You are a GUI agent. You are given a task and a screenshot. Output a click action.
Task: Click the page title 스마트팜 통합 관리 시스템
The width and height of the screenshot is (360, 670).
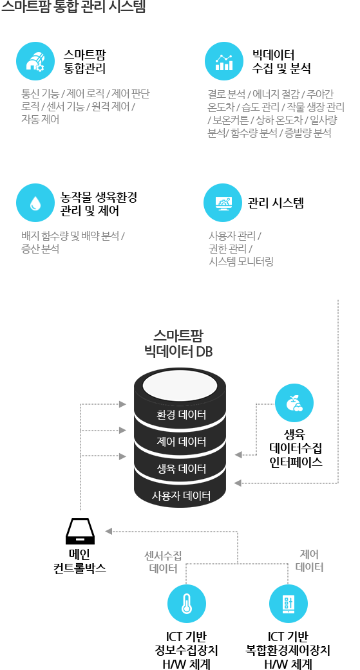click(x=73, y=6)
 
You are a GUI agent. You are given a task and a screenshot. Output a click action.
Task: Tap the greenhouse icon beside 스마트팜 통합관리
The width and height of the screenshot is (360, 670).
click(x=35, y=61)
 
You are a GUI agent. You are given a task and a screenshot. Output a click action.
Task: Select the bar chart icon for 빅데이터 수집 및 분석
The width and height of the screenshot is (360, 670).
click(x=224, y=61)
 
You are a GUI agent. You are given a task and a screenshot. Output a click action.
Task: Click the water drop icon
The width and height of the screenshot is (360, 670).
click(x=35, y=203)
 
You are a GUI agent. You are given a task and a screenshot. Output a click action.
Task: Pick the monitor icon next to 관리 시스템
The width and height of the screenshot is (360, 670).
click(x=223, y=203)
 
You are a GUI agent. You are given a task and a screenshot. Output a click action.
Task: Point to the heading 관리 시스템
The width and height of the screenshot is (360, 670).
click(x=276, y=203)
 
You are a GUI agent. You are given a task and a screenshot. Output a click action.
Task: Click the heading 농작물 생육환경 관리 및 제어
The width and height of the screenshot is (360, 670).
click(x=99, y=204)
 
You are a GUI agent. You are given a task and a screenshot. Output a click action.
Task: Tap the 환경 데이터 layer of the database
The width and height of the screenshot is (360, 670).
click(x=181, y=414)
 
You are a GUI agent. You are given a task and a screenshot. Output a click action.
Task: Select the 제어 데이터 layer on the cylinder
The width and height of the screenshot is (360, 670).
click(x=181, y=442)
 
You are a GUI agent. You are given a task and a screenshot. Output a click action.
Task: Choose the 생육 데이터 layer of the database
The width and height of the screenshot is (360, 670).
click(x=181, y=469)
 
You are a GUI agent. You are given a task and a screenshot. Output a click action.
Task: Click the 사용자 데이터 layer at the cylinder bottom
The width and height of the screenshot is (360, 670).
click(x=181, y=496)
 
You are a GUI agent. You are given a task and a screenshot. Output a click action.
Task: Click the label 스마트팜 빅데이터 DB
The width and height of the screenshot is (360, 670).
click(x=179, y=344)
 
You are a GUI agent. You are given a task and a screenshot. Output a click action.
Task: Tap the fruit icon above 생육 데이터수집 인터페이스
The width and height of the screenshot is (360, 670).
click(x=294, y=403)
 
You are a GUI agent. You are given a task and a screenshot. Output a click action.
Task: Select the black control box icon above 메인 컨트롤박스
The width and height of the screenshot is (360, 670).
click(x=81, y=531)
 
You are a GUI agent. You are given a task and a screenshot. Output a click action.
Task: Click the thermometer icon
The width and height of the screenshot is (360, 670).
click(x=186, y=603)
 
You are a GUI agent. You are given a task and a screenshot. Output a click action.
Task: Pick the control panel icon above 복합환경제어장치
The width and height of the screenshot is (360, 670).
click(x=288, y=603)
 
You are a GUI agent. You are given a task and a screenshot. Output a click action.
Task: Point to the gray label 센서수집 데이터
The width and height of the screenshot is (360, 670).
click(x=163, y=561)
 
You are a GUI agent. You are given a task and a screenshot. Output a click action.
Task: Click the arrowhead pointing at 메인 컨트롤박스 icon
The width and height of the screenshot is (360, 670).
click(x=109, y=531)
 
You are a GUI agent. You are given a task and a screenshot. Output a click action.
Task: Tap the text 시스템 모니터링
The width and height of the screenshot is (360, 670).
click(x=241, y=261)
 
